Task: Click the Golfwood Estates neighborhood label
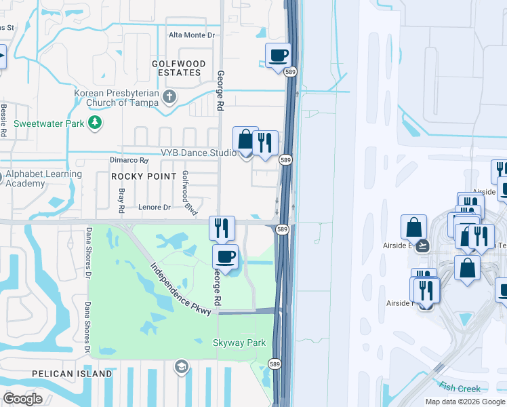tap(176, 68)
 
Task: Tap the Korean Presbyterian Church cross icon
tap(169, 97)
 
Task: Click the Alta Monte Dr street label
tap(191, 35)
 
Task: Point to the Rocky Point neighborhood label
tap(138, 176)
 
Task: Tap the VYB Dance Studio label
tap(197, 153)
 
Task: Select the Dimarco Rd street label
tap(129, 161)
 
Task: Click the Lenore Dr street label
tap(154, 208)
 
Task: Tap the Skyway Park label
tap(240, 343)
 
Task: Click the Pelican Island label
tap(71, 374)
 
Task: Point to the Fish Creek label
tap(460, 389)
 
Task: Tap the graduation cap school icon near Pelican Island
tap(181, 367)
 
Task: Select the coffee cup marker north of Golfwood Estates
tap(278, 56)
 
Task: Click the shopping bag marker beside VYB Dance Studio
tap(245, 140)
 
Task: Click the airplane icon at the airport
tap(424, 246)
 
